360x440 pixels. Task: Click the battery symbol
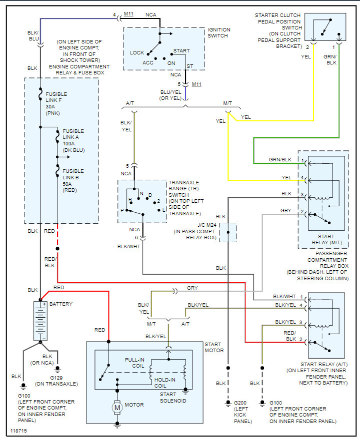tap(40, 321)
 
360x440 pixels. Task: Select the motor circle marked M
tap(118, 408)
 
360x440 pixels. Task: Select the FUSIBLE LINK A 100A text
tap(73, 140)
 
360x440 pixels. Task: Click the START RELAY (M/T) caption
tap(323, 238)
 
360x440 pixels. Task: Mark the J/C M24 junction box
tap(228, 232)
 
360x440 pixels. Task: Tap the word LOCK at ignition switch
tap(137, 52)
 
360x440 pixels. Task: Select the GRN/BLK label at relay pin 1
tap(280, 160)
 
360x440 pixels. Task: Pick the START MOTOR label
tap(213, 348)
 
